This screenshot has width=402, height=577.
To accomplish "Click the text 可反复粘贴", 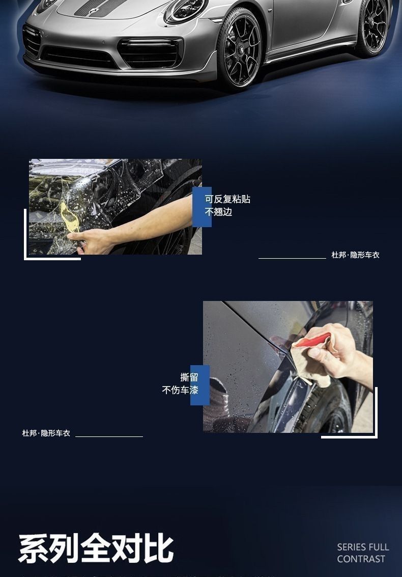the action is coord(227,199).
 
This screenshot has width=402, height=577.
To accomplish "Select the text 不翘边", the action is coord(218,212).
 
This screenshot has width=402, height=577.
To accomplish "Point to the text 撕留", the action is coord(189,377).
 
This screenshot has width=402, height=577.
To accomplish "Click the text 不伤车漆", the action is coord(180,390).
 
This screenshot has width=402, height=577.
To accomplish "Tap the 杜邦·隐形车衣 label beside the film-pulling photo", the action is coord(355,255).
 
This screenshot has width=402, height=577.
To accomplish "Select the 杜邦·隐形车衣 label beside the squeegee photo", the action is coord(46,433).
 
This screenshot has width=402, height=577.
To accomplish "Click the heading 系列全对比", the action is coord(96,549).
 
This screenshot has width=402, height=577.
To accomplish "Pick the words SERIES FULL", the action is coord(363,547).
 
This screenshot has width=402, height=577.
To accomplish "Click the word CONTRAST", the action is coord(361,559).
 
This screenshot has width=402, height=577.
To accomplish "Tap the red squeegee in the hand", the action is coord(312,340).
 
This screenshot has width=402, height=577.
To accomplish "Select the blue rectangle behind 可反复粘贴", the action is coord(202,207).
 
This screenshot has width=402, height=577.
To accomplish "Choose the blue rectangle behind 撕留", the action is coord(199,386).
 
